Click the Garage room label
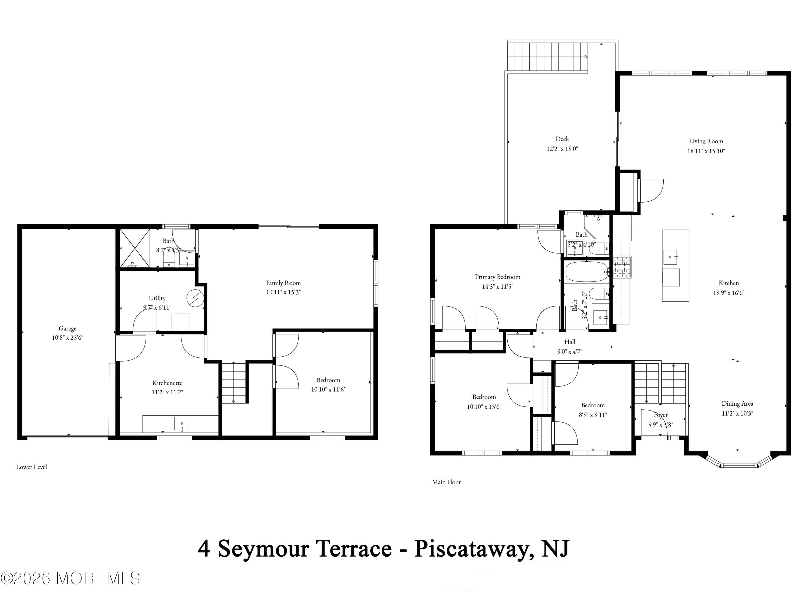point(68,328)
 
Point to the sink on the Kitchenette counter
point(182,424)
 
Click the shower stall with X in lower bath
point(135,248)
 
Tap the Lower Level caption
point(31,467)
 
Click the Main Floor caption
point(446,482)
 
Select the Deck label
point(562,139)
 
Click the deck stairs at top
point(547,57)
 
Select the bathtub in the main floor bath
point(586,271)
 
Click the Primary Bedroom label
point(497,277)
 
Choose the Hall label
point(569,342)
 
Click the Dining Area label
point(737,404)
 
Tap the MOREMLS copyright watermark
point(70,578)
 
